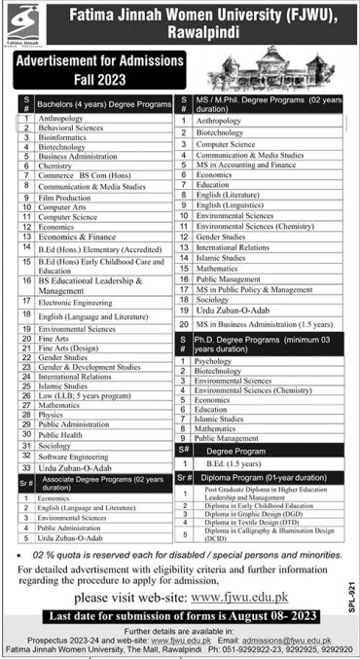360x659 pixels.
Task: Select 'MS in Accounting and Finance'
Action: (x=244, y=165)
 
